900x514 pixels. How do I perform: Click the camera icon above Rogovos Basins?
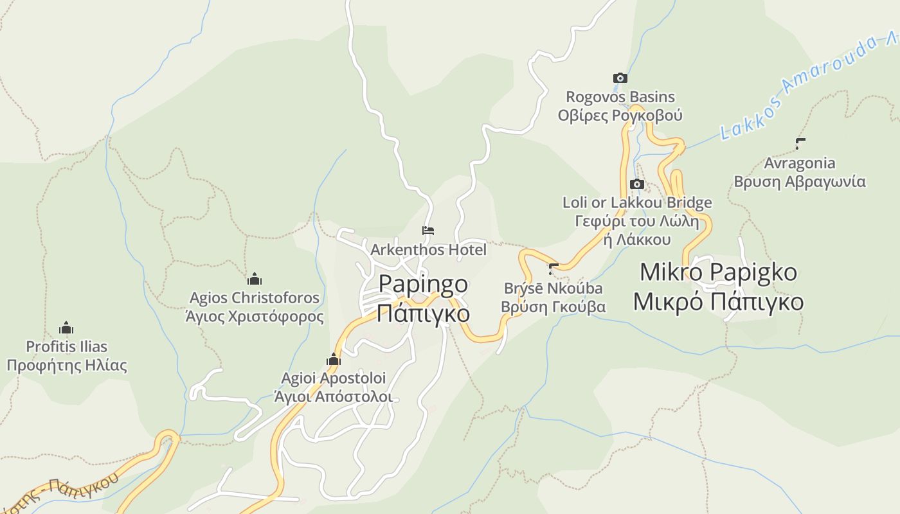coord(620,78)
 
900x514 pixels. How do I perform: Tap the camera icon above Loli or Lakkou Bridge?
coord(636,184)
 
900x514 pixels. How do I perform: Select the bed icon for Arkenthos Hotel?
coord(428,230)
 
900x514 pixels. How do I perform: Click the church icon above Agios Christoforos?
coord(255,279)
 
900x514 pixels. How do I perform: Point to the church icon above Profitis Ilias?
coord(66,328)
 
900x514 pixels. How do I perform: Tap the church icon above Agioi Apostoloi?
coord(333,359)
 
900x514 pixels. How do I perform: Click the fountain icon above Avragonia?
coord(800,144)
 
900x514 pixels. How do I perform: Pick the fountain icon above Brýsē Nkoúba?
coord(553,268)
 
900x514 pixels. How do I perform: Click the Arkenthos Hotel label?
coord(428,249)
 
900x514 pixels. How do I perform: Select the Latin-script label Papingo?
coord(423,283)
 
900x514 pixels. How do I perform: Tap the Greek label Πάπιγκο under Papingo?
coord(423,314)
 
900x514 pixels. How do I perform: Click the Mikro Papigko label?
coord(718,272)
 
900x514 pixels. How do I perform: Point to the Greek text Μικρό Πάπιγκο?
coord(718,301)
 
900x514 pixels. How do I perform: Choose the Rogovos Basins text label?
coord(620,97)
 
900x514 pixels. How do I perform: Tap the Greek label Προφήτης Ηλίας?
coord(67,366)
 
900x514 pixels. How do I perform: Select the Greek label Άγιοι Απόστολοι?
coord(333,396)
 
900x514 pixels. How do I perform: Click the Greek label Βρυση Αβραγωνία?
coord(800,182)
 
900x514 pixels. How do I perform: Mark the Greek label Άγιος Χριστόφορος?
coord(255,317)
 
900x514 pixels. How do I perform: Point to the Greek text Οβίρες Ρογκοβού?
coord(620,116)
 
